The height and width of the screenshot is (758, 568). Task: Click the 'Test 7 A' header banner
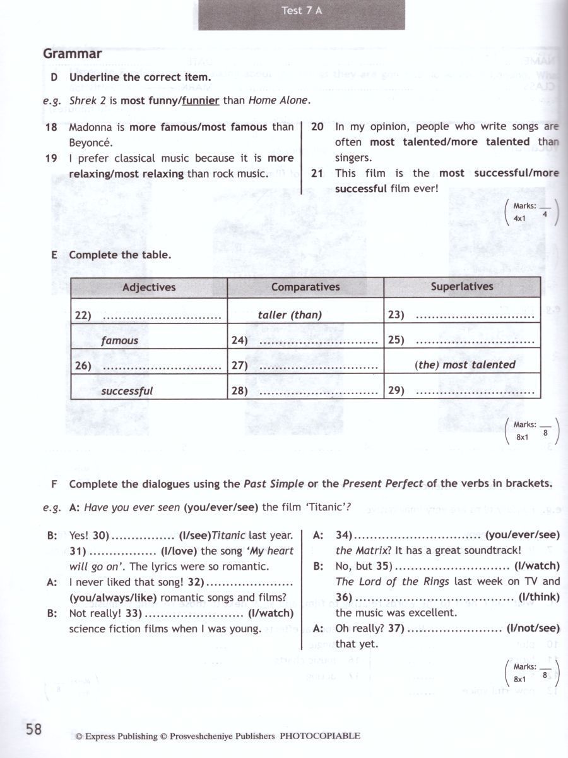[302, 11]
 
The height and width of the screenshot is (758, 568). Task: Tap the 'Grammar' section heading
[72, 54]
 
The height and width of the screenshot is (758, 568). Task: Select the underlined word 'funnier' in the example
[201, 100]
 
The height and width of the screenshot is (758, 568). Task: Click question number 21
[317, 173]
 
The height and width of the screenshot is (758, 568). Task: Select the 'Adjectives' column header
[149, 287]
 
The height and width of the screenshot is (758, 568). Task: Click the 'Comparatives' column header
[305, 287]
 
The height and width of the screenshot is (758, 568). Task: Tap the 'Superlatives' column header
[462, 287]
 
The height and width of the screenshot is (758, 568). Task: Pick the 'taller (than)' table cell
[290, 315]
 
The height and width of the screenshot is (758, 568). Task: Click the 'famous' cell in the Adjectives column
[119, 340]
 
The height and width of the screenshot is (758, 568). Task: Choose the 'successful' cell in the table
[127, 391]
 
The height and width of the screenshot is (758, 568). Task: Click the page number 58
[34, 730]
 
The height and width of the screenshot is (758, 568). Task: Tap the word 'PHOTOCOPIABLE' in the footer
[320, 736]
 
